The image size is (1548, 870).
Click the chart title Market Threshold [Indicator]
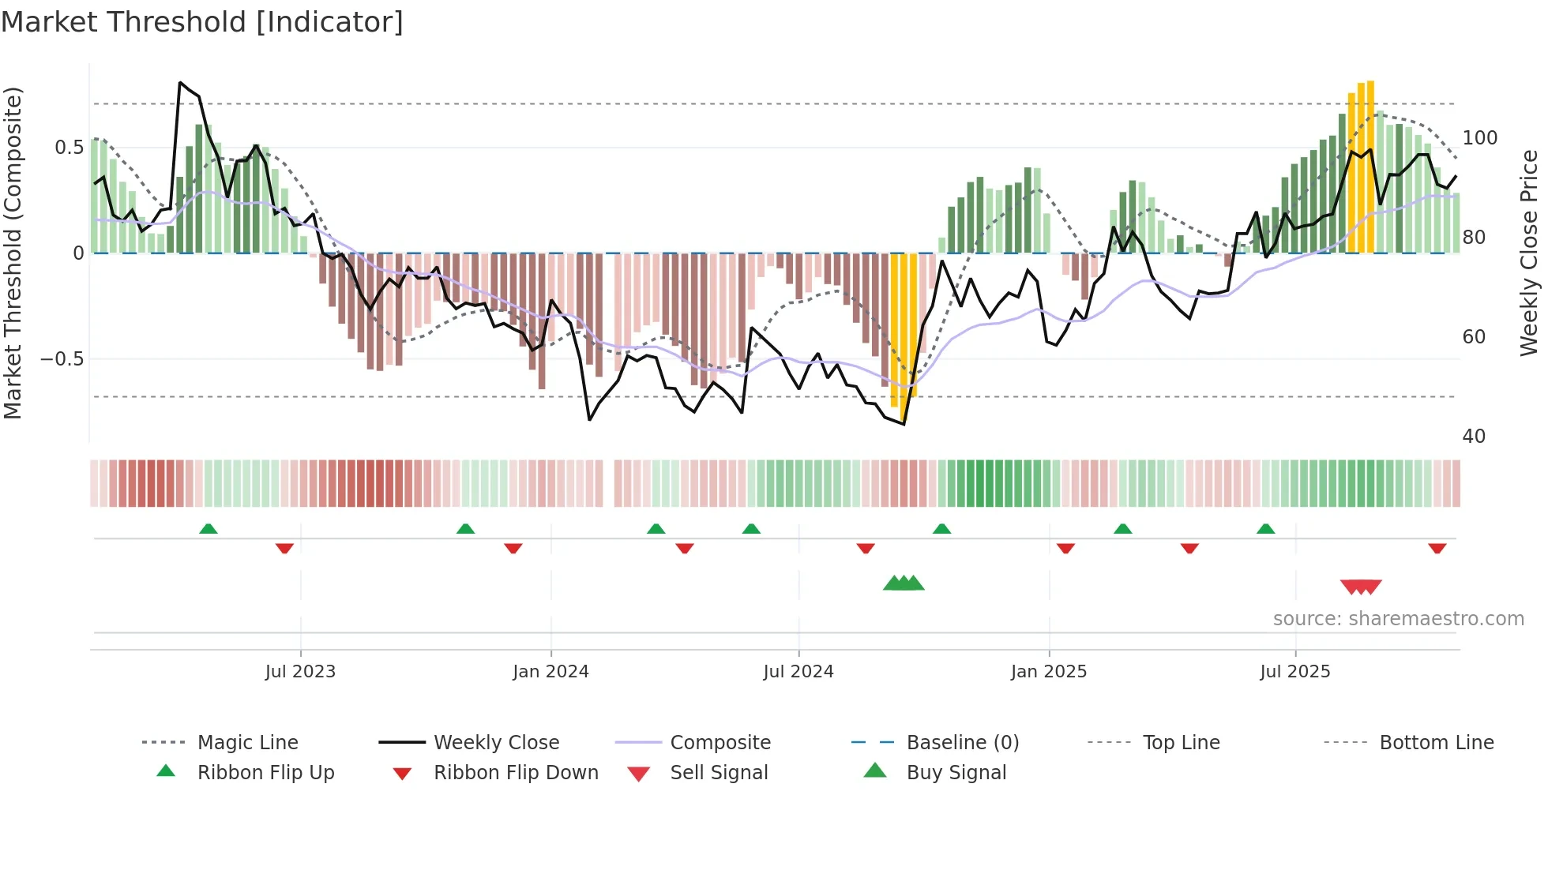[202, 22]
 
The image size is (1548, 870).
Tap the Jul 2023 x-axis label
[300, 672]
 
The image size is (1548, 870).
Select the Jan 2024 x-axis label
[550, 672]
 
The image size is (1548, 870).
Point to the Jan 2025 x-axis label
[1049, 672]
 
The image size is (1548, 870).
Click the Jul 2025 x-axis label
[1295, 672]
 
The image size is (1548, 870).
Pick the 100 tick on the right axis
[1479, 138]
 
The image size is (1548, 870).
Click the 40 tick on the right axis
[1474, 437]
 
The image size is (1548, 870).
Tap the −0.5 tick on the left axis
[62, 359]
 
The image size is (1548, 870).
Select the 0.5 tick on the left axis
[69, 148]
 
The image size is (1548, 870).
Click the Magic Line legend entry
[247, 743]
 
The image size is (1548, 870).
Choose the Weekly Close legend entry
[496, 743]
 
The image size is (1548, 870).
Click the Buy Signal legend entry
[956, 773]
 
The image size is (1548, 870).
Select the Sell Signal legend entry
[719, 773]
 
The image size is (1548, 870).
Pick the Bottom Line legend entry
[1436, 743]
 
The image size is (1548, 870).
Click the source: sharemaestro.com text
[1398, 619]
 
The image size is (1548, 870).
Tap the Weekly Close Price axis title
[1529, 253]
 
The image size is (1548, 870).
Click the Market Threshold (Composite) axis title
[13, 253]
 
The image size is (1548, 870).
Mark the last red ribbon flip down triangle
[1437, 548]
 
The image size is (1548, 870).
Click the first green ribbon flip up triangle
[209, 529]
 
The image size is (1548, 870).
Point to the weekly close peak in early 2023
[181, 82]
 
